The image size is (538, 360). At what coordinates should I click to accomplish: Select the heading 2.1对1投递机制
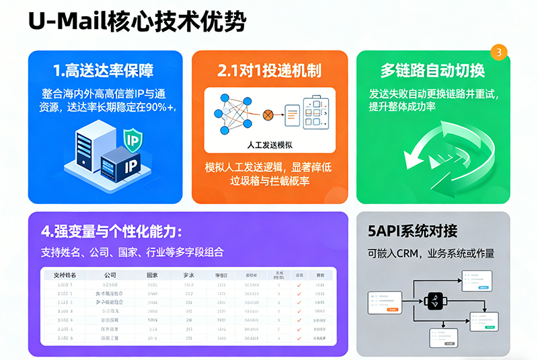pos(269,71)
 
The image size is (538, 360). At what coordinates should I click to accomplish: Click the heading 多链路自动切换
pos(432,70)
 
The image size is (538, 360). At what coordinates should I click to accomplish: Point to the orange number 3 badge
pos(498,52)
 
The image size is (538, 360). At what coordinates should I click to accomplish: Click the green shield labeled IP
pos(132,141)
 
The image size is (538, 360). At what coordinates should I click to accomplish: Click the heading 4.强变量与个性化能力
pos(112,231)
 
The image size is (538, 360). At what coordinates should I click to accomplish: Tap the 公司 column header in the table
pos(110,275)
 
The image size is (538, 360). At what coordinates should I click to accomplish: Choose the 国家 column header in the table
pos(152,275)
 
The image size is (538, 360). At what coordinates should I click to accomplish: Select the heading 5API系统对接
pos(412,231)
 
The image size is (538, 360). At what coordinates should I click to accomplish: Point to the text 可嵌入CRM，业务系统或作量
pos(430,254)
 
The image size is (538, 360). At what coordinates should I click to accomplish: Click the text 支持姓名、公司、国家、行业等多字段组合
pos(132,253)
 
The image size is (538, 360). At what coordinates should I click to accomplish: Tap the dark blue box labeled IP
pos(121,166)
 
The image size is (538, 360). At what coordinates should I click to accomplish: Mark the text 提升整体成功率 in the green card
pos(401,106)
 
